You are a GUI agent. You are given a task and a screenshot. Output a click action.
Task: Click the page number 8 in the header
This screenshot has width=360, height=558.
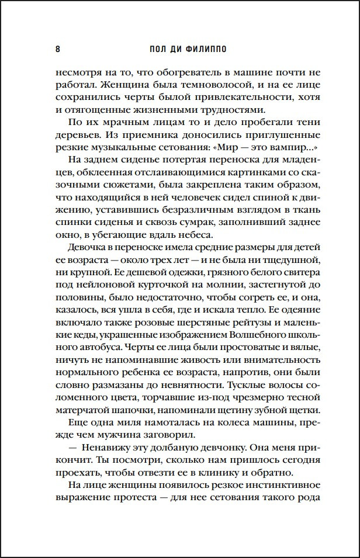coord(57,48)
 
